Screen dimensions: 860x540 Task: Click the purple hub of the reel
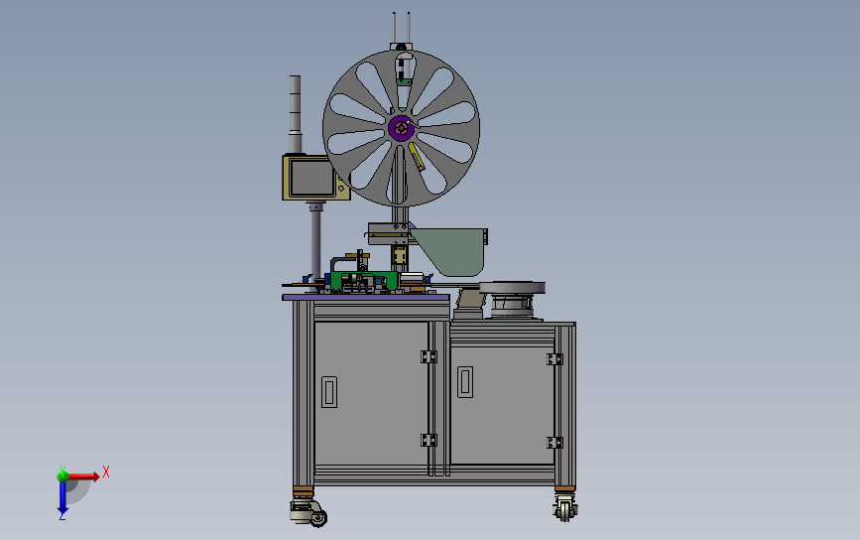401,128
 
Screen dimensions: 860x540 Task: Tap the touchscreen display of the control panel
312,178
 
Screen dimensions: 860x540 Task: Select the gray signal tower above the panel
295,114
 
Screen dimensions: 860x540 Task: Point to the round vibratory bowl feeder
512,300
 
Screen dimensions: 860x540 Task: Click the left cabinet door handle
329,391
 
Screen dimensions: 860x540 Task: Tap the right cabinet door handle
465,382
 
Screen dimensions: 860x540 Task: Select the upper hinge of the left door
429,356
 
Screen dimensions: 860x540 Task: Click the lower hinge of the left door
429,440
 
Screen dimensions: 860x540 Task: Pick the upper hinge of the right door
554,359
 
